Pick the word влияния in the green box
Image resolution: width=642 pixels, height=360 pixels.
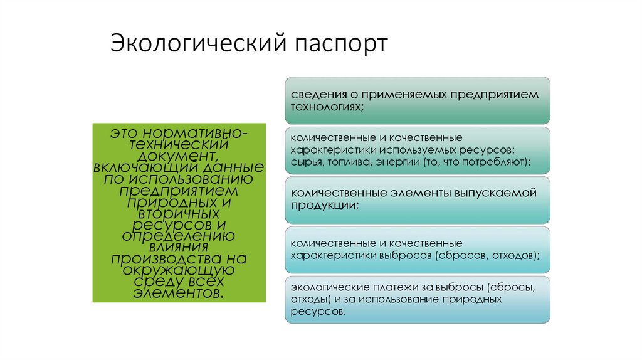(178, 247)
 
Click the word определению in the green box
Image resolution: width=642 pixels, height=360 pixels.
(178, 236)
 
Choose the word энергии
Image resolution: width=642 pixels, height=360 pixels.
(398, 161)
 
